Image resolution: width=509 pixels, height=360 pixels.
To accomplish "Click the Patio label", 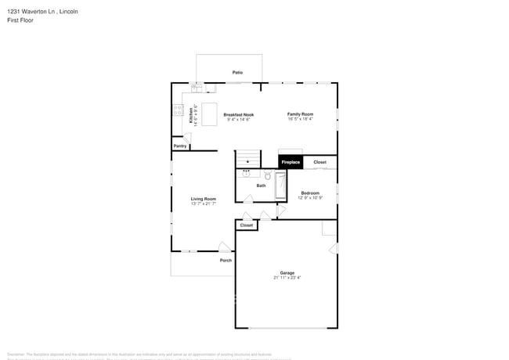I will click(x=237, y=72).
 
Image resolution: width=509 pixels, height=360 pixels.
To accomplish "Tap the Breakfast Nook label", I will click(x=238, y=114).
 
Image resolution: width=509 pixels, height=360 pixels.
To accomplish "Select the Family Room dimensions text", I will click(x=300, y=119).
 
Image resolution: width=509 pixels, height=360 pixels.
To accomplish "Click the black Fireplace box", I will click(x=291, y=162).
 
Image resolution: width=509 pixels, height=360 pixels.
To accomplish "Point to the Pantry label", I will click(x=180, y=146).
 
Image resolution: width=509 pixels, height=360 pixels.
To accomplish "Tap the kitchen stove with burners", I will click(x=177, y=110).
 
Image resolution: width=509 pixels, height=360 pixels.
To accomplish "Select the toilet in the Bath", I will click(x=266, y=176).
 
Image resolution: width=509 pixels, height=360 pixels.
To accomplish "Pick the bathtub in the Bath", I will click(x=280, y=186).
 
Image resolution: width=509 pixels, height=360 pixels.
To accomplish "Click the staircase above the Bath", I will click(x=247, y=157).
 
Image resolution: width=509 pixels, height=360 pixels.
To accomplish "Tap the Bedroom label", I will click(x=309, y=193).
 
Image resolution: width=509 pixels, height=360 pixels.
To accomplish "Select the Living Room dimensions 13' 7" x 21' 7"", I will click(x=204, y=203).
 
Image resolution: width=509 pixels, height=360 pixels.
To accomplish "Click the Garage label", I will click(x=287, y=272).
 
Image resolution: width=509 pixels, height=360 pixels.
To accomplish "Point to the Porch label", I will click(x=226, y=260).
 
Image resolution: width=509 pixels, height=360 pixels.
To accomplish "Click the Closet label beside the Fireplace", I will click(x=320, y=162).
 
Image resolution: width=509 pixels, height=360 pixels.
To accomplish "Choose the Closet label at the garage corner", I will click(x=247, y=225).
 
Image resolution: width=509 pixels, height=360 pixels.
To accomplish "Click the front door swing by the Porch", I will click(x=224, y=247).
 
